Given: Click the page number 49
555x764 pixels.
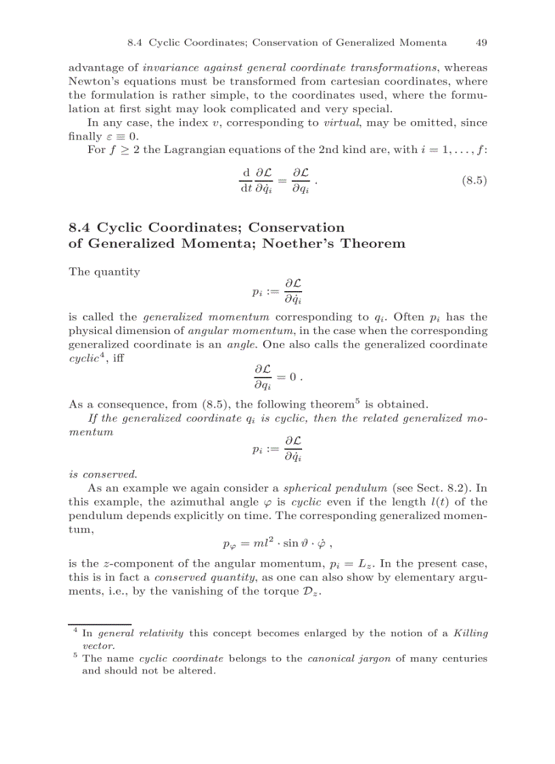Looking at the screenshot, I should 481,42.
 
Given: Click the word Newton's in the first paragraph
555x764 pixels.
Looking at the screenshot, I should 92,82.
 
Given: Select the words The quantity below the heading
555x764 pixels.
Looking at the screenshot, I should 104,271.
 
